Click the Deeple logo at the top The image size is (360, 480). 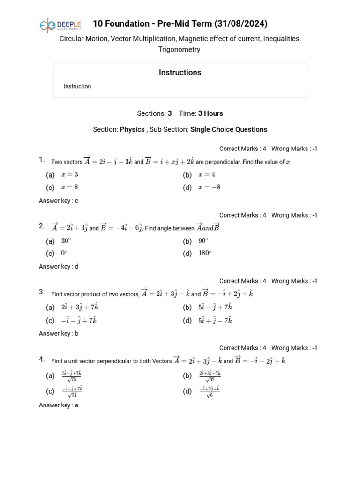60,25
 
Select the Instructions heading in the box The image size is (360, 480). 180,73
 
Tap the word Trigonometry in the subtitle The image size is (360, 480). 180,50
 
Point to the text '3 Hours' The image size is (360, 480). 210,113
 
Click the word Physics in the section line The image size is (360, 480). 132,129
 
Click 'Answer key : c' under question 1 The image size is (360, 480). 59,201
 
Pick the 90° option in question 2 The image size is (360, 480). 203,241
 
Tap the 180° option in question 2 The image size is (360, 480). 205,254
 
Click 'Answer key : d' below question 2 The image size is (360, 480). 59,267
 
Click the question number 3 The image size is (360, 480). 42,292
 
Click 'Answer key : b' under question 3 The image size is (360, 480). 59,334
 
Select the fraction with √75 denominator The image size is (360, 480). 72,376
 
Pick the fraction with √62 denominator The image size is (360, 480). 210,376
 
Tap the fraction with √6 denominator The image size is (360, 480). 210,391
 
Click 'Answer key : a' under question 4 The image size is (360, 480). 59,405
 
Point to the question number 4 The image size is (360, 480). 42,360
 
